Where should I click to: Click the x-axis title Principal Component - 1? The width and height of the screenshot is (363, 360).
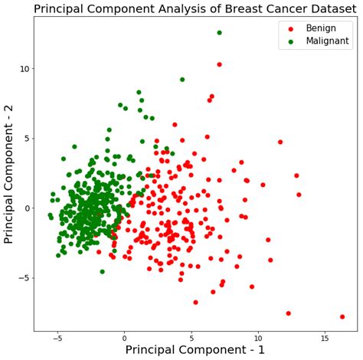pos(195,349)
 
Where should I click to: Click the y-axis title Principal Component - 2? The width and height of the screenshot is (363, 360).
pos(9,174)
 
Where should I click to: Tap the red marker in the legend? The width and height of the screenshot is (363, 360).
pos(289,28)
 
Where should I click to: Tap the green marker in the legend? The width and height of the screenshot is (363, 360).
pos(289,41)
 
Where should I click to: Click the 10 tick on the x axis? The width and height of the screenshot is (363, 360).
pos(258,337)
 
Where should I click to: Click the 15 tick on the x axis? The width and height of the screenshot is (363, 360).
pos(325,337)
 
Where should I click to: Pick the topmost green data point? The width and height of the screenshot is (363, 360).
pos(219,33)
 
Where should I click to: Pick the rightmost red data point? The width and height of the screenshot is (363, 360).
pos(342,316)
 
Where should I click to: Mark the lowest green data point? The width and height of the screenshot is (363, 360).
pos(102,271)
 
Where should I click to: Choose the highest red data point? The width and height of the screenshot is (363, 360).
pos(219,64)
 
